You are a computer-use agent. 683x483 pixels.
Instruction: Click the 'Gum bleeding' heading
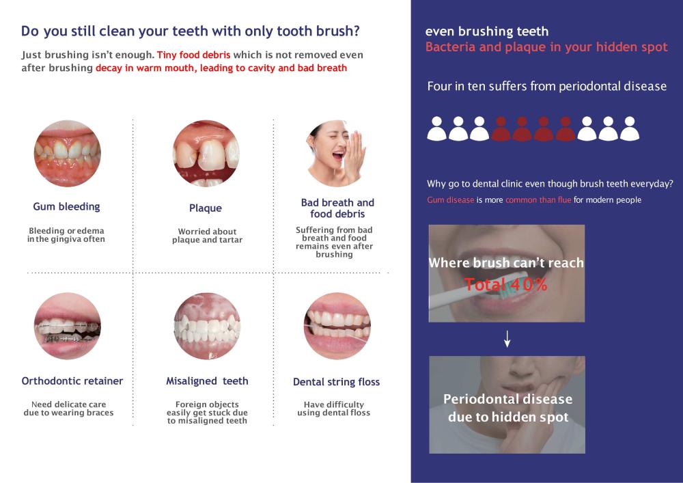tap(66, 206)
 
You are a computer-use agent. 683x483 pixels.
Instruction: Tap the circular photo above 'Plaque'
tap(206, 153)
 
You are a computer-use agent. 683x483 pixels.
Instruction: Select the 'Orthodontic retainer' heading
tap(72, 381)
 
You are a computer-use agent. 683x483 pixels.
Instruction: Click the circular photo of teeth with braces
tap(68, 326)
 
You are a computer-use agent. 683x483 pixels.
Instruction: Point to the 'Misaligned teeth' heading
tap(207, 381)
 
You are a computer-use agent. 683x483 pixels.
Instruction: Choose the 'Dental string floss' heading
tap(336, 382)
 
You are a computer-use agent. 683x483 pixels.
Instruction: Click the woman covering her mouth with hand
tap(336, 153)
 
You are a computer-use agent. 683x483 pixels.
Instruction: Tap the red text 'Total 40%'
tap(505, 285)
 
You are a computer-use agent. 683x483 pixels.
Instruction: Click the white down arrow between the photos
tap(507, 339)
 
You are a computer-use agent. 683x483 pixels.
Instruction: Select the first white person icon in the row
tap(436, 128)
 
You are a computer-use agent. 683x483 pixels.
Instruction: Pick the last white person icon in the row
tap(630, 128)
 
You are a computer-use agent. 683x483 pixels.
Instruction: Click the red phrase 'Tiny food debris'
tap(193, 55)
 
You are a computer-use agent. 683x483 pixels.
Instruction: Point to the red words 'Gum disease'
tap(450, 200)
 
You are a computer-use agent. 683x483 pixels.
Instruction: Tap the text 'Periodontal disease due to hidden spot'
tap(508, 408)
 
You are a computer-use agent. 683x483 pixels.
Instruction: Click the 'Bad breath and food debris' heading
tap(337, 208)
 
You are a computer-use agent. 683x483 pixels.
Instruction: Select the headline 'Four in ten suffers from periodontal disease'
tap(546, 86)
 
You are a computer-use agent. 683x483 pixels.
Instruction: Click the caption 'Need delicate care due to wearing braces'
tap(68, 409)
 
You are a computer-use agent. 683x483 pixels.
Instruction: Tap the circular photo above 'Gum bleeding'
tap(68, 153)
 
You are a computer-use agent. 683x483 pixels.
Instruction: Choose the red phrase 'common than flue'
tap(538, 200)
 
